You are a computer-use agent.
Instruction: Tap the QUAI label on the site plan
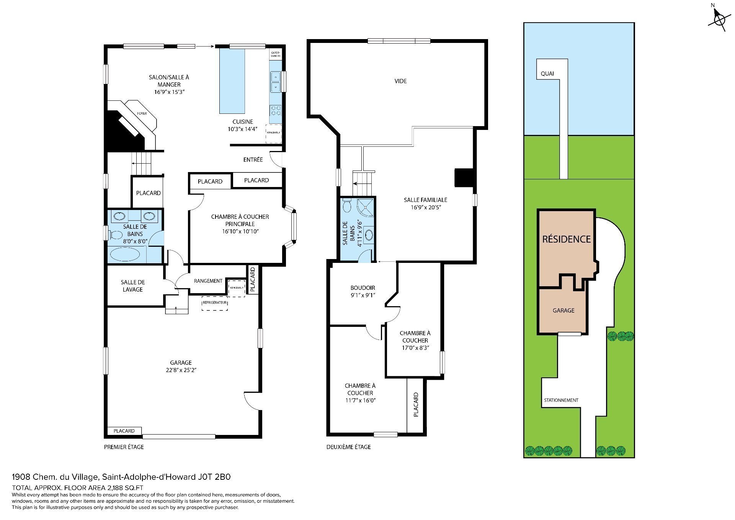[547, 74]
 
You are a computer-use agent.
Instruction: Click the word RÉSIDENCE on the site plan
[566, 239]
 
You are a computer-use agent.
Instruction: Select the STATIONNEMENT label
[561, 400]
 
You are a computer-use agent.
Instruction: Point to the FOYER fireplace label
[142, 113]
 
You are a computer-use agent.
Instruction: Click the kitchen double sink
[275, 82]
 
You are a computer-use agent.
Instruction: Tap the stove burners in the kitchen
[275, 111]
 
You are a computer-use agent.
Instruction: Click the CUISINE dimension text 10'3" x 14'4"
[242, 129]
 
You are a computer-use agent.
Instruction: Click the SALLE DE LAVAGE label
[132, 286]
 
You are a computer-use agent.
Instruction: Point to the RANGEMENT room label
[208, 281]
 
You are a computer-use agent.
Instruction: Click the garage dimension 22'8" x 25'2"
[181, 370]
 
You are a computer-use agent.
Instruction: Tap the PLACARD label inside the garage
[124, 431]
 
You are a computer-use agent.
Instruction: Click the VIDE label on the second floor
[400, 81]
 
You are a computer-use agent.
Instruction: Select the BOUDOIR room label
[363, 288]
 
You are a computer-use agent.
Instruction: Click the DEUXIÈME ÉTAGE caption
[348, 447]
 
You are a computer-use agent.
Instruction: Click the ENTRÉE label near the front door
[253, 159]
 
